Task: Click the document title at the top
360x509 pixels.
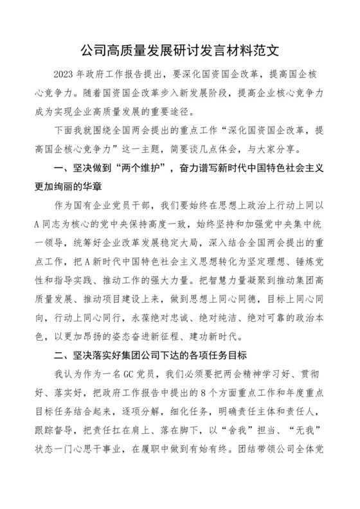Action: [179, 49]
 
